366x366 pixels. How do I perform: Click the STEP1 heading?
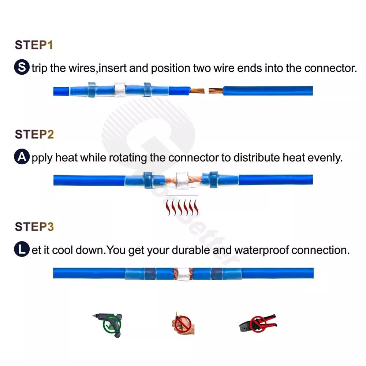34,45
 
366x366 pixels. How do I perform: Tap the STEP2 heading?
34,134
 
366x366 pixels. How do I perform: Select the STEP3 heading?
34,227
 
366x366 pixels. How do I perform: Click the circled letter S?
22,67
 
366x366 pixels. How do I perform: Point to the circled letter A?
22,157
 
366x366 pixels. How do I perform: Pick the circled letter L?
22,249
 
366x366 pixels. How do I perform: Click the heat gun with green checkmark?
109,325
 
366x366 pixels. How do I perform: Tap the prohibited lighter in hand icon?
183,324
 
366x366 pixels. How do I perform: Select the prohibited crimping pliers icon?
258,323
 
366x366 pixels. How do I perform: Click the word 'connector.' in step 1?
330,68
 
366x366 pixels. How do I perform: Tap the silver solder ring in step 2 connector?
182,180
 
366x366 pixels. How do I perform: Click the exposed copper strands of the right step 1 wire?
216,90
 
